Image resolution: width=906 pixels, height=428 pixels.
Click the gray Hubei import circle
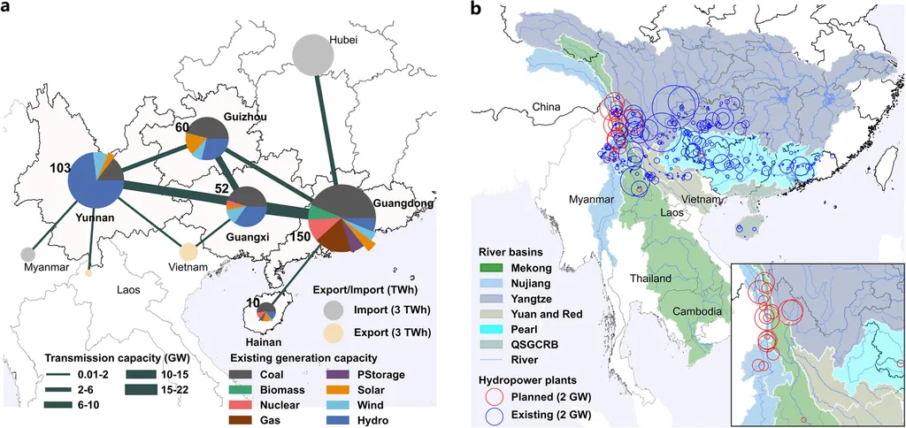312,55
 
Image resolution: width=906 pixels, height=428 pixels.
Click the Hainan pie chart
266,311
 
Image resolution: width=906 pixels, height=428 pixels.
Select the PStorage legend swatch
326,374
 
